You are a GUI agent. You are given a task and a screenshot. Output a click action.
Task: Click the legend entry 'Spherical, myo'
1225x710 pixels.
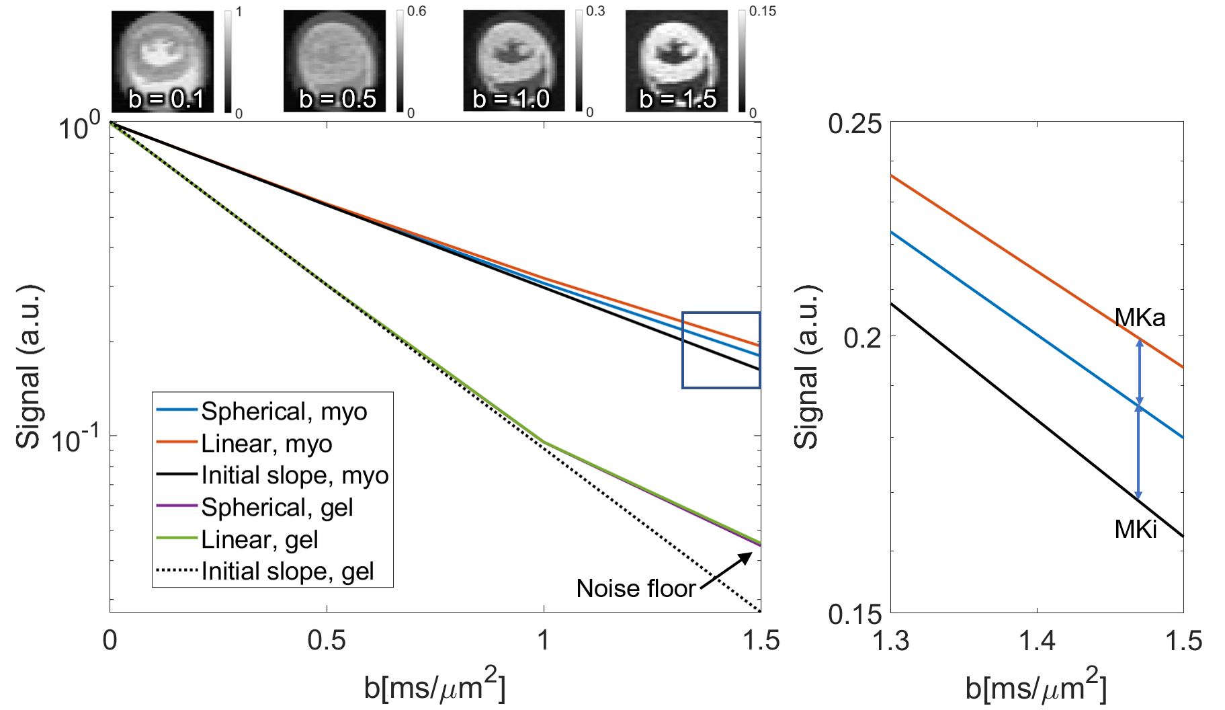point(284,411)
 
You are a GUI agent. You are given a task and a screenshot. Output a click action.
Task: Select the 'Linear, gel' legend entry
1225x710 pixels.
point(259,539)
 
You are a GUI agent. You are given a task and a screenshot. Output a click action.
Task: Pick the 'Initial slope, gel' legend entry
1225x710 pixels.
point(287,571)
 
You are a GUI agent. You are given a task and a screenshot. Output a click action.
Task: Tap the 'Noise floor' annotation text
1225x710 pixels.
point(636,589)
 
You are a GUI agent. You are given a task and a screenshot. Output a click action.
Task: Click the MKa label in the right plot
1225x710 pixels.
point(1140,317)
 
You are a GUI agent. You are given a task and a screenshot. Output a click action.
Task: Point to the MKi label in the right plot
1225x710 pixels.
point(1136,530)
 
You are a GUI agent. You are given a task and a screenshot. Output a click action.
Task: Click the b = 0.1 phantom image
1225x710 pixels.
point(163,61)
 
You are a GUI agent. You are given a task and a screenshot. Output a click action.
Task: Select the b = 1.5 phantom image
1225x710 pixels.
point(677,61)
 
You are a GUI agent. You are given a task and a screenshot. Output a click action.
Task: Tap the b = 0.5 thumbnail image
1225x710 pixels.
point(335,61)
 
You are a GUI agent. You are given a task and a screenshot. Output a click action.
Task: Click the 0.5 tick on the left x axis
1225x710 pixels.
point(327,641)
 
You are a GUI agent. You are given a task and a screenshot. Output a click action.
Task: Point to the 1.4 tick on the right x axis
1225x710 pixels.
point(1037,641)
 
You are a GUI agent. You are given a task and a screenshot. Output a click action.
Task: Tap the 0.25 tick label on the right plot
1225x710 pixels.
point(855,124)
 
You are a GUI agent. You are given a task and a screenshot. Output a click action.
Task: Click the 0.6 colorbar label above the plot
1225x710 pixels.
point(417,11)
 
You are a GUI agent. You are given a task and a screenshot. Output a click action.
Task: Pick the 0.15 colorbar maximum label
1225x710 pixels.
point(763,11)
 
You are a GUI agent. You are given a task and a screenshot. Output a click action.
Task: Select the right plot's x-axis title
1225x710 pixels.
point(1036,686)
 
